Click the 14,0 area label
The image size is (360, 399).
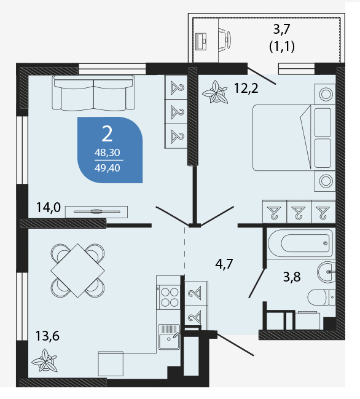tap(49, 207)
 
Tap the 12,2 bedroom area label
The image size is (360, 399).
tap(246, 89)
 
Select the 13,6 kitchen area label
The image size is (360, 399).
tap(47, 336)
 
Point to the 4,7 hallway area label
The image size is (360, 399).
tap(224, 264)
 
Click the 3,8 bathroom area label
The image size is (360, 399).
tap(292, 277)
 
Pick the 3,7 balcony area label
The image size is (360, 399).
tap(282, 29)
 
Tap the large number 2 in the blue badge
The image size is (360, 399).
tap(107, 134)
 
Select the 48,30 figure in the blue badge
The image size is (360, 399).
tap(108, 152)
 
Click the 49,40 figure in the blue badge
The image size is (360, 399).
tap(108, 168)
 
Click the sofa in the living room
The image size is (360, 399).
tap(93, 93)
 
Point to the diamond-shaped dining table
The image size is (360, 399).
tap(77, 271)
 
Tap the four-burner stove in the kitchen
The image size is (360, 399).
tap(170, 297)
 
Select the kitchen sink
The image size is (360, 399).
tap(169, 337)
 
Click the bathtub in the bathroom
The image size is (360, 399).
tap(300, 243)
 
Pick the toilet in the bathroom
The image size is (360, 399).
tap(322, 297)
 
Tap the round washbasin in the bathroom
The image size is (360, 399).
tap(326, 272)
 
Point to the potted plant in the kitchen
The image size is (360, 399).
tap(45, 360)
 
